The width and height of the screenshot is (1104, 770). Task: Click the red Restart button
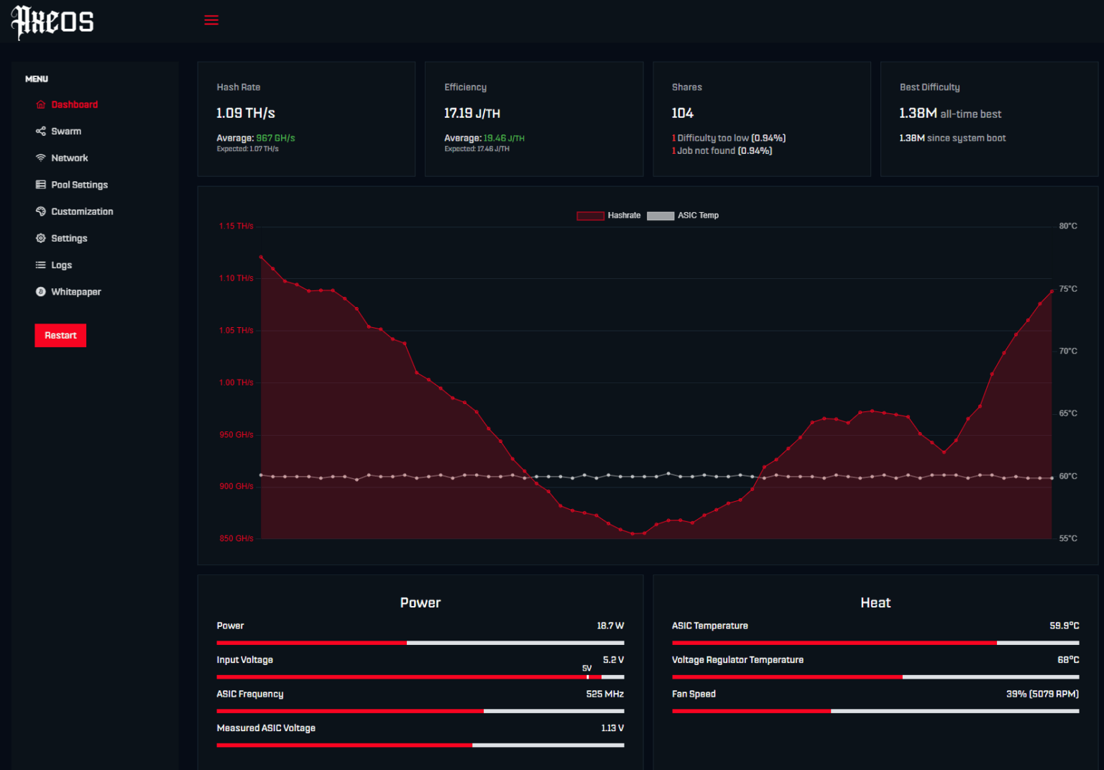pyautogui.click(x=60, y=336)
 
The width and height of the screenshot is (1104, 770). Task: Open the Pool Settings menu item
pyautogui.click(x=79, y=185)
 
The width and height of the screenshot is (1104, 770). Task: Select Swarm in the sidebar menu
pyautogui.click(x=65, y=132)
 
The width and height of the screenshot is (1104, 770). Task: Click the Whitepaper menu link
pyautogui.click(x=75, y=292)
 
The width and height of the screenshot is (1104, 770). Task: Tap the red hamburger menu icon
pyautogui.click(x=211, y=20)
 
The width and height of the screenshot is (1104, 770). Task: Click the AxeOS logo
pyautogui.click(x=52, y=22)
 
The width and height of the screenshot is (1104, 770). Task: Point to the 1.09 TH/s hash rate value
pyautogui.click(x=246, y=114)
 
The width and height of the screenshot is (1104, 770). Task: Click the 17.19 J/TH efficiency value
pyautogui.click(x=472, y=114)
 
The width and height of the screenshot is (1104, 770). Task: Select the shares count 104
pyautogui.click(x=682, y=114)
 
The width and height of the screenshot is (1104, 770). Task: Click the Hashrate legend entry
pyautogui.click(x=609, y=216)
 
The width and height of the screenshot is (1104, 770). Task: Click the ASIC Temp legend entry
pyautogui.click(x=683, y=216)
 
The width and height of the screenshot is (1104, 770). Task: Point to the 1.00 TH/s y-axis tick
pyautogui.click(x=236, y=382)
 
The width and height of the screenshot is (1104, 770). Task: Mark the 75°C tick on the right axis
pyautogui.click(x=1068, y=289)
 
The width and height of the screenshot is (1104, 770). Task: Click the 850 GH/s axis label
pyautogui.click(x=236, y=538)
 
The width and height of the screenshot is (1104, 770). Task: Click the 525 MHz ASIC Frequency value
pyautogui.click(x=604, y=695)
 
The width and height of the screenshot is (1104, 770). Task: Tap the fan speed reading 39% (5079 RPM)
pyautogui.click(x=1042, y=695)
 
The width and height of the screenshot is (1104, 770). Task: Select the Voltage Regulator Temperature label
pyautogui.click(x=737, y=660)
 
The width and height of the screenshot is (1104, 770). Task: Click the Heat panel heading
pyautogui.click(x=875, y=603)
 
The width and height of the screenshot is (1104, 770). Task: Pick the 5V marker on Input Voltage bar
pyautogui.click(x=587, y=669)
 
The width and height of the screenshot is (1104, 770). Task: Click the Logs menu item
pyautogui.click(x=61, y=265)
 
